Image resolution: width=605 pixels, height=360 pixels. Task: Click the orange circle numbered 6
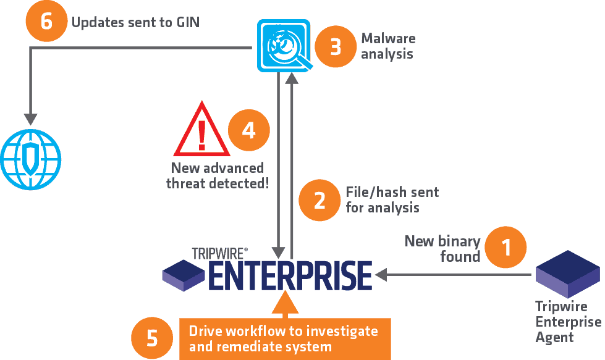pyautogui.click(x=46, y=21)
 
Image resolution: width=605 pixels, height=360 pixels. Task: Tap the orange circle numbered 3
pyautogui.click(x=336, y=47)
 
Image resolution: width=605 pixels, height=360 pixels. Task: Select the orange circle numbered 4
pyautogui.click(x=249, y=130)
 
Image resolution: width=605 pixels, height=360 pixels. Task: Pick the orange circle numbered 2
pyautogui.click(x=319, y=200)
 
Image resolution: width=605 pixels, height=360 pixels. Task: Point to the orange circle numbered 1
pyautogui.click(x=506, y=247)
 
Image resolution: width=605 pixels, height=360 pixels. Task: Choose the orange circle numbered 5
pyautogui.click(x=152, y=338)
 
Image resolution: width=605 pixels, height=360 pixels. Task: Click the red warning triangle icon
pyautogui.click(x=202, y=128)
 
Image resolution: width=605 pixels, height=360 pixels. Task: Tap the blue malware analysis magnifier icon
pyautogui.click(x=285, y=46)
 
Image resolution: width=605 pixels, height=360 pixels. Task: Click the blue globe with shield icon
pyautogui.click(x=31, y=159)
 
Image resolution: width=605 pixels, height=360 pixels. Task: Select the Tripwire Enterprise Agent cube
pyautogui.click(x=568, y=274)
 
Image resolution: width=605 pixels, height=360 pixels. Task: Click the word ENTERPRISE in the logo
pyautogui.click(x=290, y=275)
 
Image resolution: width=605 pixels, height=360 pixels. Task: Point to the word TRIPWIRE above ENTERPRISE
pyautogui.click(x=218, y=254)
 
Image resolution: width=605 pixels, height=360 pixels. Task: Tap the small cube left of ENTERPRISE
pyautogui.click(x=184, y=275)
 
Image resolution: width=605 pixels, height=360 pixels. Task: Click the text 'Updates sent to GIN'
pyautogui.click(x=135, y=22)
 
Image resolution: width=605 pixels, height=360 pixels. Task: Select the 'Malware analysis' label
pyautogui.click(x=388, y=46)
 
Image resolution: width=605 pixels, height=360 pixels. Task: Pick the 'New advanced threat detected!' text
pyautogui.click(x=218, y=176)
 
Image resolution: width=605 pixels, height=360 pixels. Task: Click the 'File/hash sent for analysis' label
pyautogui.click(x=392, y=199)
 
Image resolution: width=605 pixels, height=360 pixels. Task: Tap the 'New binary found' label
pyautogui.click(x=442, y=249)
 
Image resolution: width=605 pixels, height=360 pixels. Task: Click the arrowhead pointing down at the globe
pyautogui.click(x=30, y=119)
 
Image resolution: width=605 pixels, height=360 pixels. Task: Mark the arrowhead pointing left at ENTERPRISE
pyautogui.click(x=381, y=275)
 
